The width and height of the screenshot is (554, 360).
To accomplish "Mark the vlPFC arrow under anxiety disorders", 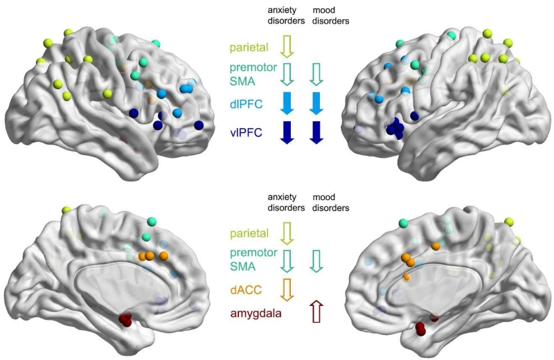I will (287, 131).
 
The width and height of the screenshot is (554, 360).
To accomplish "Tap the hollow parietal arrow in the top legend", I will (287, 46).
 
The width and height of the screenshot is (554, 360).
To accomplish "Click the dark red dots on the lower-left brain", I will (126, 320).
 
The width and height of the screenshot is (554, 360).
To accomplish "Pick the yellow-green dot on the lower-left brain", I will (66, 210).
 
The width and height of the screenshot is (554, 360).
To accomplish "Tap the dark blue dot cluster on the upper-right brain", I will (396, 127).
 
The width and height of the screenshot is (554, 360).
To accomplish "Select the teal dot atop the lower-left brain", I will (152, 222).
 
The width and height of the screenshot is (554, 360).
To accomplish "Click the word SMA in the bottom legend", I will (242, 266).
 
